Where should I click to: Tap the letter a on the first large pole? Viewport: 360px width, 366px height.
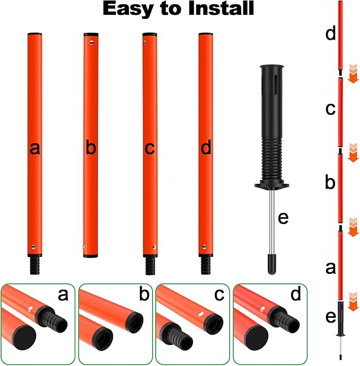click(36, 149)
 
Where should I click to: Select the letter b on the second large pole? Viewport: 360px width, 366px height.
click(91, 149)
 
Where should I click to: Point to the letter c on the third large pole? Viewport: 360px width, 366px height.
click(150, 149)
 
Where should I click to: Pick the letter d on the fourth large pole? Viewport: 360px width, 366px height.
click(206, 149)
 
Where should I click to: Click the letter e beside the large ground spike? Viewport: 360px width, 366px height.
click(283, 217)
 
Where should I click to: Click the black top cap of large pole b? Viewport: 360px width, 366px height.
click(91, 34)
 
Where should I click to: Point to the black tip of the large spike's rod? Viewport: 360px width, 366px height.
click(271, 264)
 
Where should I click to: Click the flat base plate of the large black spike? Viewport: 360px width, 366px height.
click(271, 186)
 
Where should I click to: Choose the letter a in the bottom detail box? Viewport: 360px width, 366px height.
click(63, 294)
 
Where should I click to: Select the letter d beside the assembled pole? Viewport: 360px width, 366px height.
click(330, 34)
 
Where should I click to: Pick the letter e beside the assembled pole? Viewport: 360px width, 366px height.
click(331, 317)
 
